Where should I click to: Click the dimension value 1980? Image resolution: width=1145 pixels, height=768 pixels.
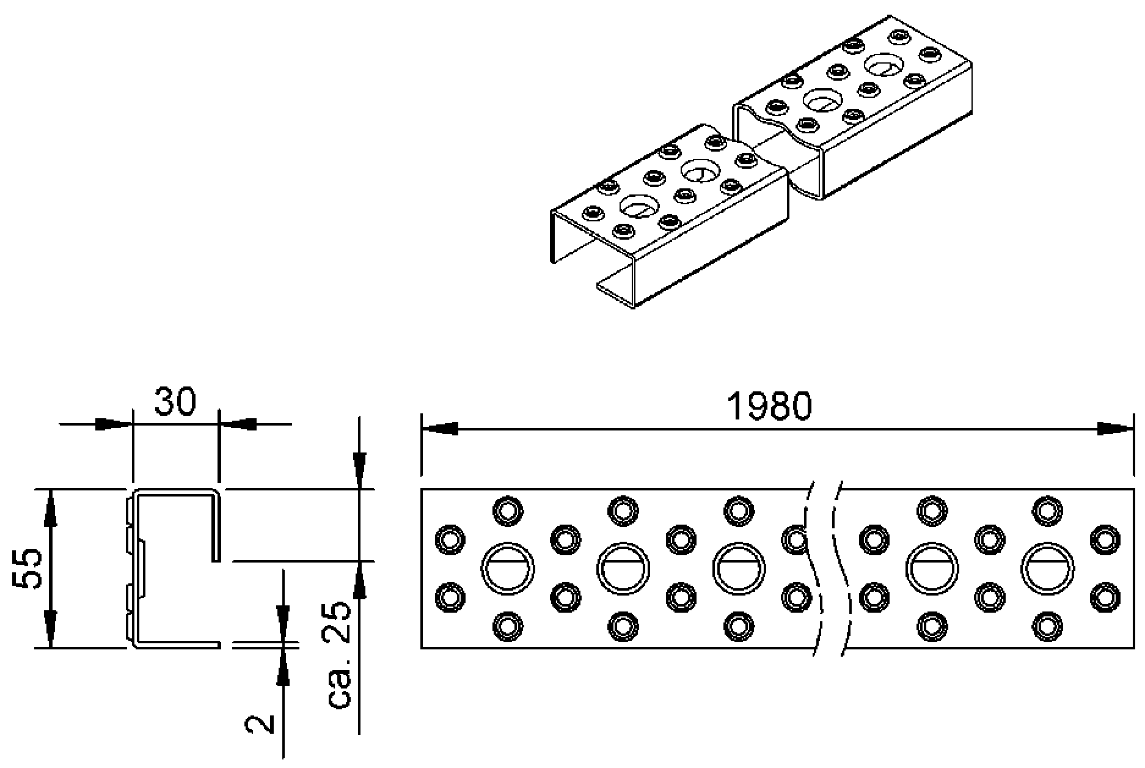click(770, 407)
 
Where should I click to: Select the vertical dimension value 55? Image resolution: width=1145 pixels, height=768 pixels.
click(27, 568)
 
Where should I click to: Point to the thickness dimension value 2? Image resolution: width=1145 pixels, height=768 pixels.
click(259, 724)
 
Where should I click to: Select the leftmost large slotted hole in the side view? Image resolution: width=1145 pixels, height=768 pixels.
click(508, 568)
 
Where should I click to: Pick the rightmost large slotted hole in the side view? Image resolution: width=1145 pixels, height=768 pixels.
click(1047, 568)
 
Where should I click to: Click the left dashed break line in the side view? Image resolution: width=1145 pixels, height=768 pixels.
click(814, 569)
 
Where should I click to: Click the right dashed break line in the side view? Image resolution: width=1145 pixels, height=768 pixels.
click(841, 569)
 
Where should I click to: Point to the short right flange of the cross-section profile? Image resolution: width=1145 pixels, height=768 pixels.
click(214, 526)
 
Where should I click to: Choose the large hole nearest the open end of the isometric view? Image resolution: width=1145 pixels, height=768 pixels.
click(638, 206)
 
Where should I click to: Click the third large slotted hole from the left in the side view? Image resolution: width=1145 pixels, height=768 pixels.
click(739, 568)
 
